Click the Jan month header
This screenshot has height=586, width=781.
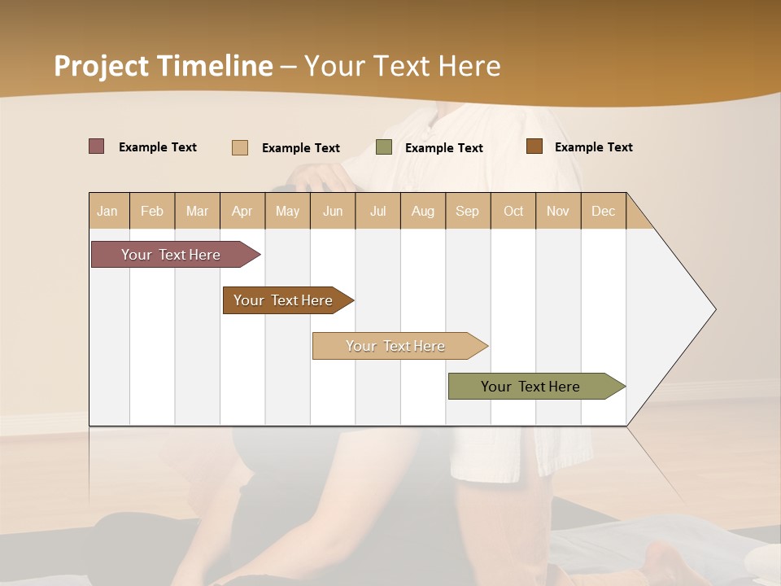107,211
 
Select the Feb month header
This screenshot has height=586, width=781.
152,211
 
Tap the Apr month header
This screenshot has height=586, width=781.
242,211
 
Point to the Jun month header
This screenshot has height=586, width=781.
333,211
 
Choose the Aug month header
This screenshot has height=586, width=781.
422,211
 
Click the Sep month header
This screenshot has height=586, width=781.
467,211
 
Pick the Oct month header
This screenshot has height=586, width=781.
513,211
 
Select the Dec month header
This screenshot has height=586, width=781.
603,211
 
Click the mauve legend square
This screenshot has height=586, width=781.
97,146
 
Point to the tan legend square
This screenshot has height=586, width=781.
240,147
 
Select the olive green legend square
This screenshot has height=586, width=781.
384,147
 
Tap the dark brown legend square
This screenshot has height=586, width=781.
534,146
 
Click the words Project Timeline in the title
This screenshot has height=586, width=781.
164,66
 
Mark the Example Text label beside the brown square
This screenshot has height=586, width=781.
593,147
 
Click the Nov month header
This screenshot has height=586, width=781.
558,211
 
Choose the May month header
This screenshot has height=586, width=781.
287,211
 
